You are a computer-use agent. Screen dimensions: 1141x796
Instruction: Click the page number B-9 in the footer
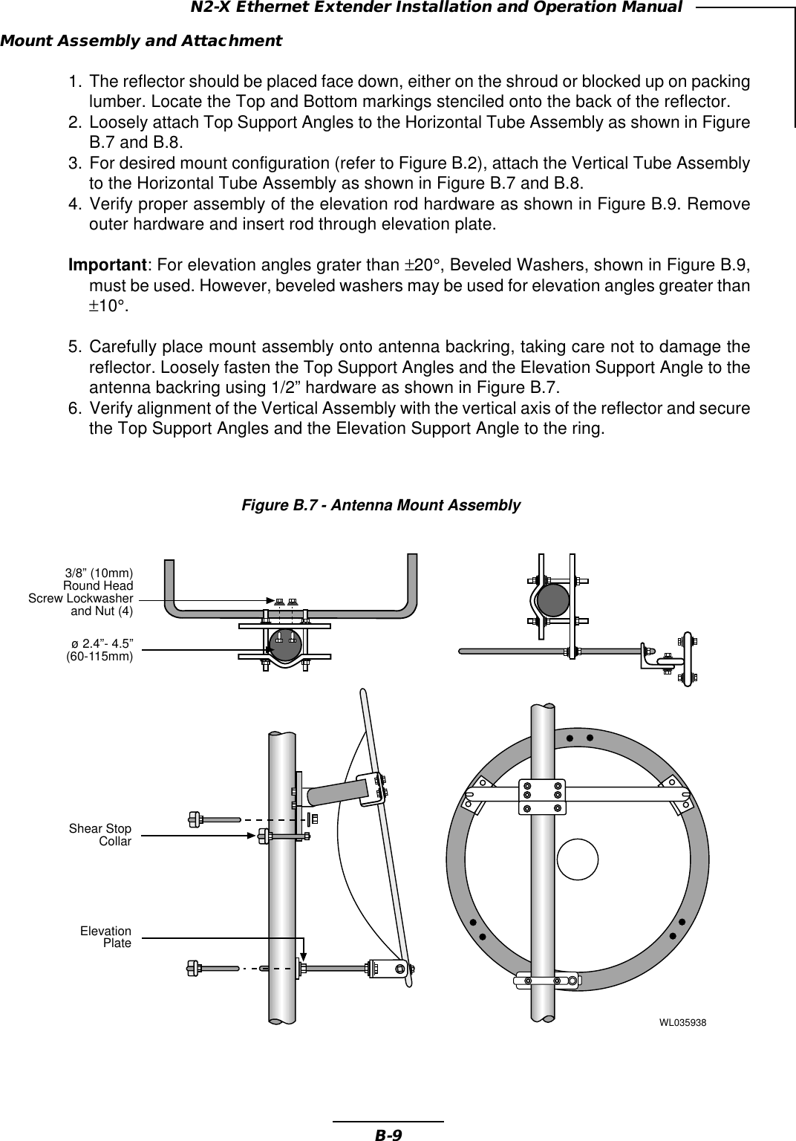pos(388,1134)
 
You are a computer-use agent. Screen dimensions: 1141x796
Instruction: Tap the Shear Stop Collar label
pos(100,835)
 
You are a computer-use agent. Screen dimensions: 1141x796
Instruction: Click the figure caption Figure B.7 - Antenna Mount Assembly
pos(381,505)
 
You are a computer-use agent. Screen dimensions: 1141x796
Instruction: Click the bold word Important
pos(108,265)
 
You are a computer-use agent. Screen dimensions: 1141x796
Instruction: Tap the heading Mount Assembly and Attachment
pos(141,41)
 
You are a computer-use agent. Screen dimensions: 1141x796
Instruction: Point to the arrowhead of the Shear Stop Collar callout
pos(255,836)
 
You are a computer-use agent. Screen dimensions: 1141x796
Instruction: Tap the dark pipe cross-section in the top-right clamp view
pos(552,599)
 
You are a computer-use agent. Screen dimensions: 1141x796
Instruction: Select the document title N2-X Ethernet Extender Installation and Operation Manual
pos(437,8)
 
